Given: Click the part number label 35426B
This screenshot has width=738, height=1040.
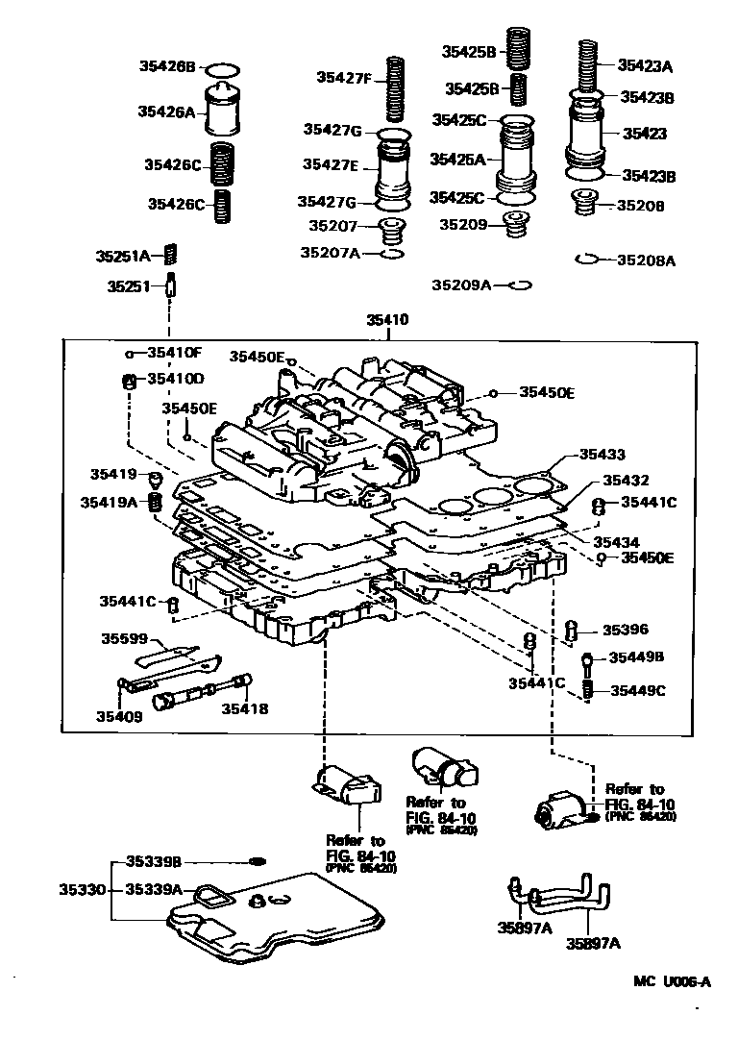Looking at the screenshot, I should point(166,67).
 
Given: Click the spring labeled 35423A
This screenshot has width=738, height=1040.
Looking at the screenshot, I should point(587,64).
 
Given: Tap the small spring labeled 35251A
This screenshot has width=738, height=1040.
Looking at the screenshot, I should point(172,255).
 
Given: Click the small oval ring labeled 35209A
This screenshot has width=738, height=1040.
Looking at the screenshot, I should point(520,285).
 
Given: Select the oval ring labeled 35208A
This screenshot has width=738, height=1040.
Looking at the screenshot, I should point(588,260).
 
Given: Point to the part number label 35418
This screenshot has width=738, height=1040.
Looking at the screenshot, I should point(245,708).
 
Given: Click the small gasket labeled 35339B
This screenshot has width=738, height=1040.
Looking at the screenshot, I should point(258,860).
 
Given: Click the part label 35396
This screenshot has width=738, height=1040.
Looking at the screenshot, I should point(626,631).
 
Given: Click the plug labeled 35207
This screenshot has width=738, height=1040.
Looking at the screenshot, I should point(390,232).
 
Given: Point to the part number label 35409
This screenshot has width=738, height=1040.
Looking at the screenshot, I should point(119,715).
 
